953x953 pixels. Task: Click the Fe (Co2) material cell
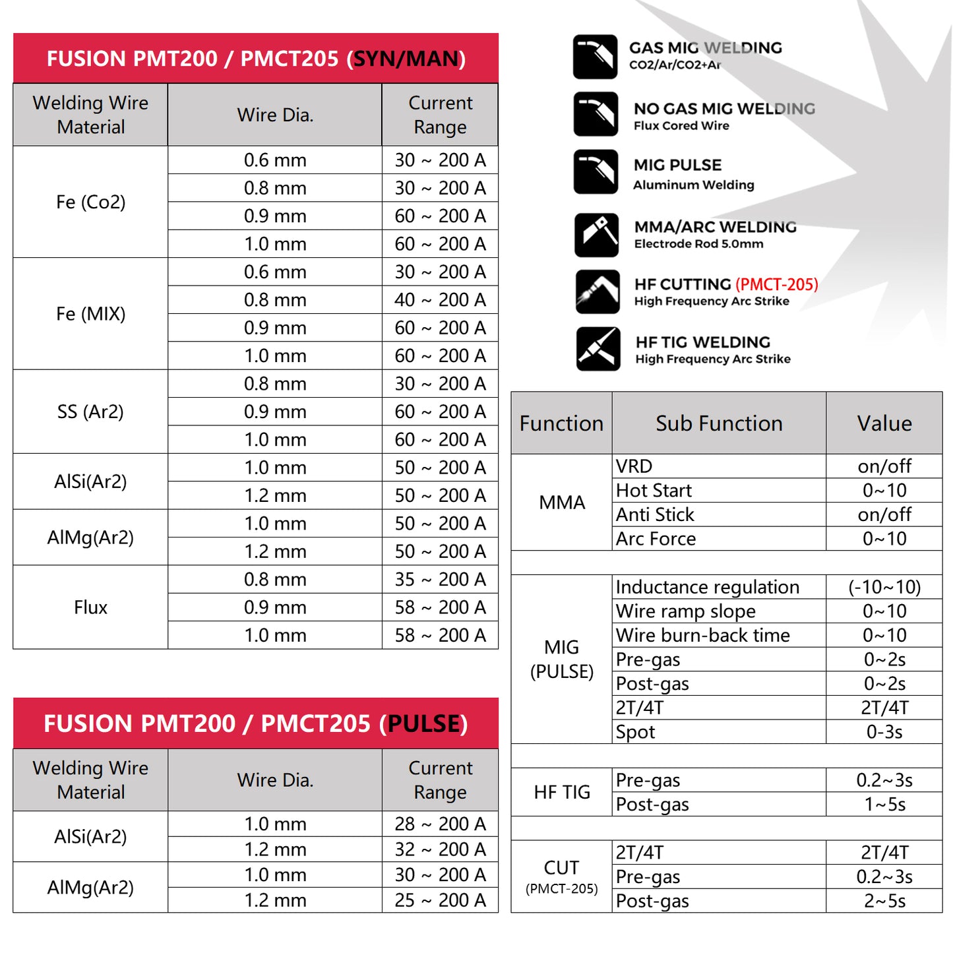click(90, 202)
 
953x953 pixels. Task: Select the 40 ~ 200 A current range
click(440, 300)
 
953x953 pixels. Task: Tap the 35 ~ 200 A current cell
click(440, 580)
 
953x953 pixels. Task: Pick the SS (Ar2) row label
click(90, 412)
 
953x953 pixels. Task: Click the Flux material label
click(90, 607)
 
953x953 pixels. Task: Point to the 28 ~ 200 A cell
click(440, 824)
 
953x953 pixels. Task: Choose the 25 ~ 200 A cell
click(440, 900)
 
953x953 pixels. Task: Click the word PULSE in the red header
click(423, 723)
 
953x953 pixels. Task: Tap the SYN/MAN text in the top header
click(406, 59)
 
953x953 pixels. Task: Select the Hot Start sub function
click(654, 491)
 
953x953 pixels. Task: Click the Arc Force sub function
click(656, 539)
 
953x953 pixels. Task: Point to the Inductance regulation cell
click(707, 587)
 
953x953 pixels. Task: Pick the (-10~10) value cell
click(884, 587)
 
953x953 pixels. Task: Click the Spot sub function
click(635, 732)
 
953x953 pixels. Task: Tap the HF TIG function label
click(562, 792)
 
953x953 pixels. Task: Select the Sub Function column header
click(719, 423)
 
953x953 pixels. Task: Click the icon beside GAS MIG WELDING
click(596, 57)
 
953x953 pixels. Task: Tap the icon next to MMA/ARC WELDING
click(596, 235)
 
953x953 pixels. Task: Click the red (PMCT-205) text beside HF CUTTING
click(776, 284)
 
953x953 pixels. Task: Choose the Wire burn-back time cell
click(702, 635)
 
